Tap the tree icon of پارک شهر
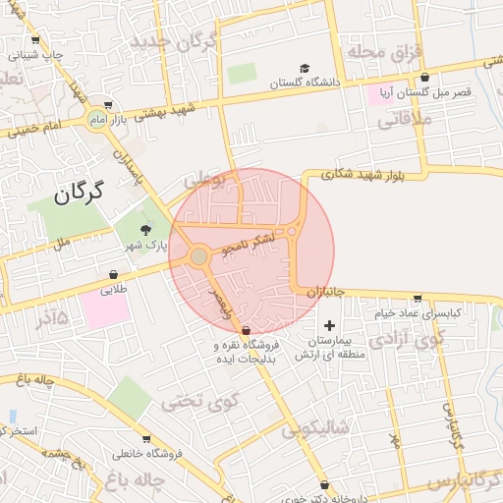tap(146, 229)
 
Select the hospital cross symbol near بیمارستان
tap(328, 325)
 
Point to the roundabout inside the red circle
tap(199, 256)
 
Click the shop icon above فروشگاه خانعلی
tap(146, 439)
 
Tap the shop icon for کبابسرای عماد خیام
tap(418, 299)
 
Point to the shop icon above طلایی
tap(114, 277)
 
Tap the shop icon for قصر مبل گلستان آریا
tap(424, 77)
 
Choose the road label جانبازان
tap(321, 293)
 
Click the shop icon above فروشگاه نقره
tap(245, 330)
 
